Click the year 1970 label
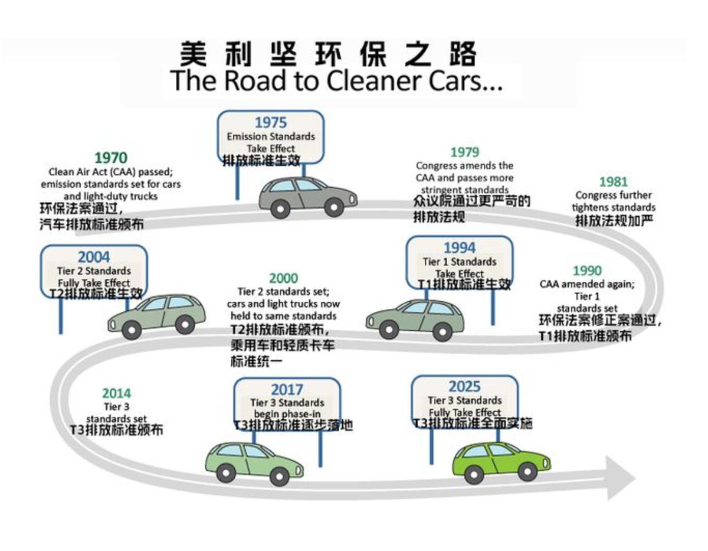(110, 158)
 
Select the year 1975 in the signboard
(271, 123)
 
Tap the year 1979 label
(464, 153)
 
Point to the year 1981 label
(613, 182)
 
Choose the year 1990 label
(587, 271)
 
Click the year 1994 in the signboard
(459, 247)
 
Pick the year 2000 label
(283, 278)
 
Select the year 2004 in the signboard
(93, 257)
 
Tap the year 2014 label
(116, 393)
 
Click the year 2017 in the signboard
(287, 390)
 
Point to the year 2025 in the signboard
(464, 387)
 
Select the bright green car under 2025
(501, 460)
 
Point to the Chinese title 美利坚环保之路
(327, 54)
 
